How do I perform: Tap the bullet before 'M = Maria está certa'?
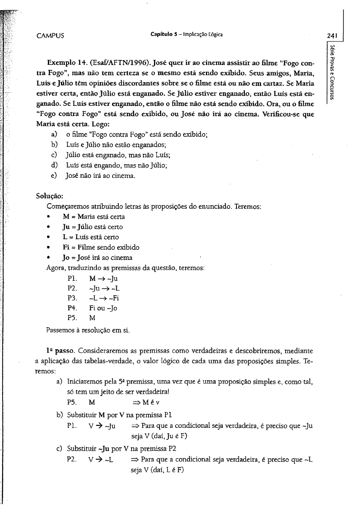[50, 217]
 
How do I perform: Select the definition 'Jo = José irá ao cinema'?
[98, 257]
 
